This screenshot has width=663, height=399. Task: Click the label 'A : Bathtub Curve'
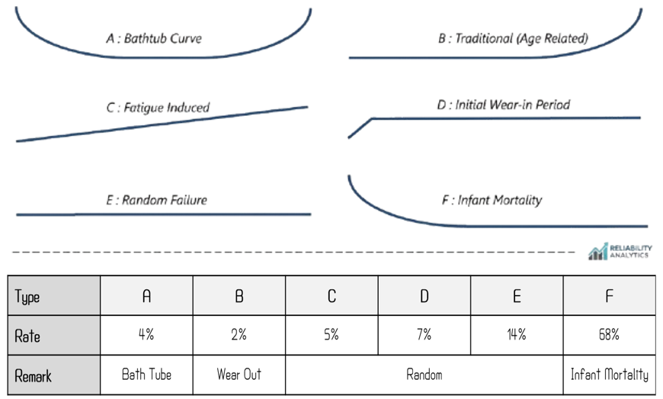(154, 38)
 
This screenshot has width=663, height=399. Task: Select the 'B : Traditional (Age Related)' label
(513, 38)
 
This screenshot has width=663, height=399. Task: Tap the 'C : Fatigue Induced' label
(158, 108)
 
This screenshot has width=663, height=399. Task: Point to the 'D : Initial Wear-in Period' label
(503, 105)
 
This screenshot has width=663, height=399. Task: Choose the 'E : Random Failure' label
(156, 200)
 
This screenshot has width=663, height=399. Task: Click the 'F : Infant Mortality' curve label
(492, 200)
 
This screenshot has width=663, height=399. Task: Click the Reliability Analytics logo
(620, 251)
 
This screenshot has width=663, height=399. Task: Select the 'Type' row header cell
(54, 295)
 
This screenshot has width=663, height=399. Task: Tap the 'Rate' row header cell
(54, 335)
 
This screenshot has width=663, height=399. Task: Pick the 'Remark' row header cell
(54, 375)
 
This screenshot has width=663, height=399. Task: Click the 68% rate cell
(610, 335)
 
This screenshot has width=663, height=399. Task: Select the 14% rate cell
(517, 335)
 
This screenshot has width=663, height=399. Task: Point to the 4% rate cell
(146, 335)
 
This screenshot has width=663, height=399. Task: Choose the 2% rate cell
(239, 335)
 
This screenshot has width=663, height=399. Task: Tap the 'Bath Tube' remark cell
(146, 375)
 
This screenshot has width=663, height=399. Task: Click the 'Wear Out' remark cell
(239, 375)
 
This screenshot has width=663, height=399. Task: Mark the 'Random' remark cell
(424, 375)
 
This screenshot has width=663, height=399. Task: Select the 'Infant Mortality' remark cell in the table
(610, 375)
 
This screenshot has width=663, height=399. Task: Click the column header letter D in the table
(424, 296)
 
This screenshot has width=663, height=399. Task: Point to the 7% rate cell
(424, 335)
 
